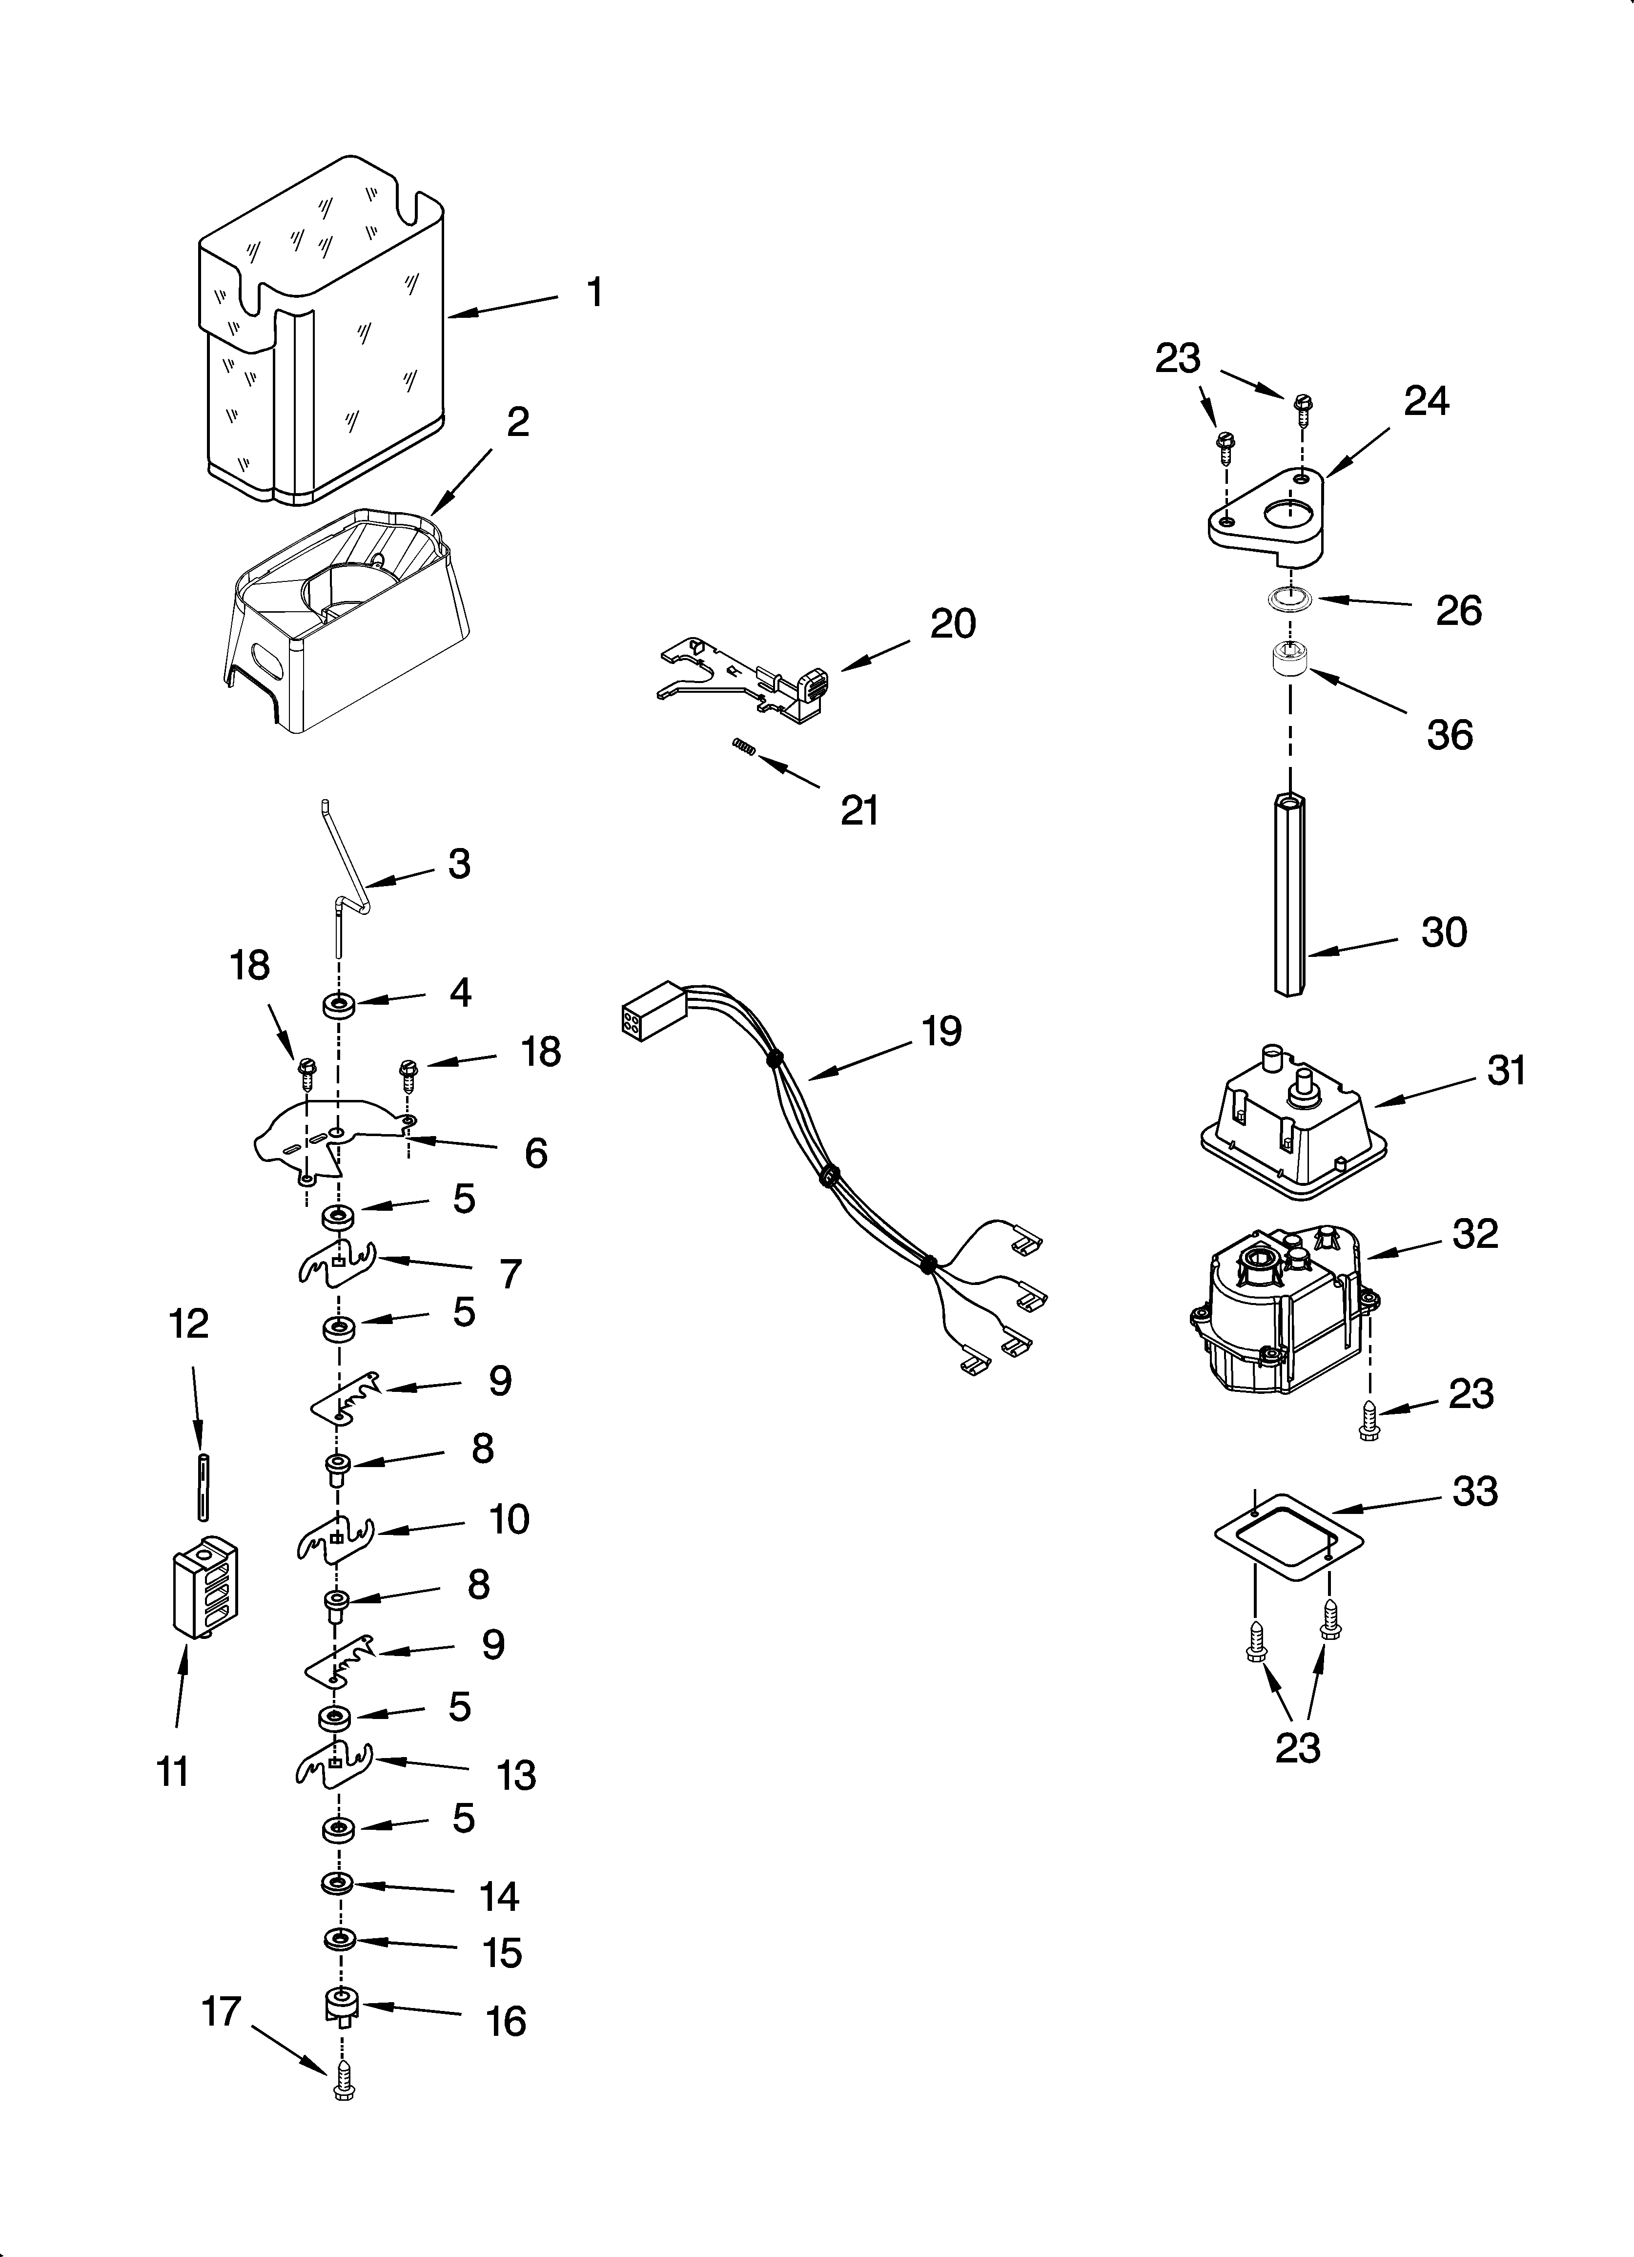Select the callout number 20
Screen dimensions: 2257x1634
pyautogui.click(x=952, y=624)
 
